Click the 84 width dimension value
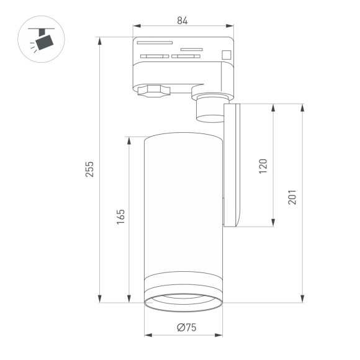(182, 20)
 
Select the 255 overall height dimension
(89, 169)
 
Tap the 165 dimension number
(121, 215)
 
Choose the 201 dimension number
(292, 196)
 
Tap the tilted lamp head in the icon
(45, 42)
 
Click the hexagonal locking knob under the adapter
(153, 91)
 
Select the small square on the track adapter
(227, 54)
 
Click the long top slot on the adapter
(155, 43)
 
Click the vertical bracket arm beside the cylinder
(234, 164)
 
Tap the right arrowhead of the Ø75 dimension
(220, 336)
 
